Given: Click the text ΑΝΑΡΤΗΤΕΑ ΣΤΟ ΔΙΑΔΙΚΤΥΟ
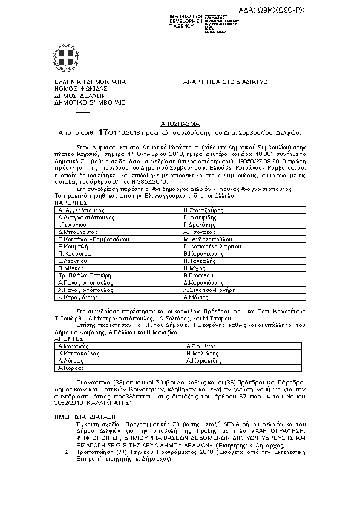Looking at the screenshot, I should point(225,81).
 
